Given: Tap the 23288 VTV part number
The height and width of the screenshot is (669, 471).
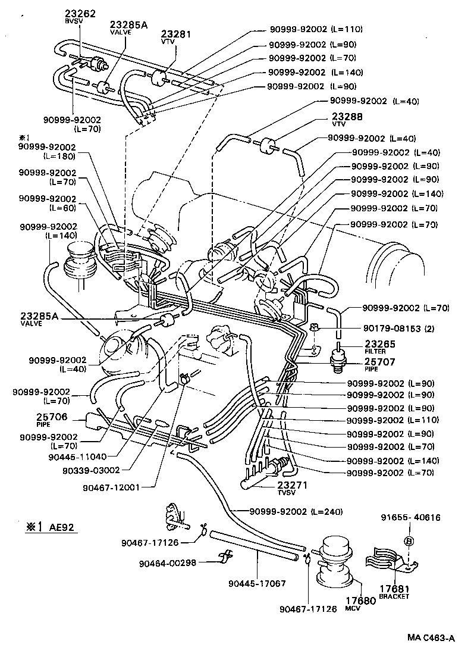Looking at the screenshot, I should click(346, 117).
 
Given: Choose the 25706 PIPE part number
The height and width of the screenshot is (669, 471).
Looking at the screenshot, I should click(35, 417).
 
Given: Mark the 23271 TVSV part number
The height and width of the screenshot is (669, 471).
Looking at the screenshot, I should click(294, 486).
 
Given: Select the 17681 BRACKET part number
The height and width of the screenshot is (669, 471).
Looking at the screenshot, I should click(395, 589).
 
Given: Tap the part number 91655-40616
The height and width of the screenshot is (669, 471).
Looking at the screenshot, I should click(410, 518).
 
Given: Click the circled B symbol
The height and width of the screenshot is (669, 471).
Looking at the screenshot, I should click(409, 540).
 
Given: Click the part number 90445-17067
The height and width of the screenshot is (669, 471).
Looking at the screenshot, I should click(258, 583).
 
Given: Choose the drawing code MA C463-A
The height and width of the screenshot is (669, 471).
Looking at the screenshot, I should click(431, 638).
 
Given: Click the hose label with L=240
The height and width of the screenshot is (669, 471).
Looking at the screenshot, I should click(288, 511).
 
